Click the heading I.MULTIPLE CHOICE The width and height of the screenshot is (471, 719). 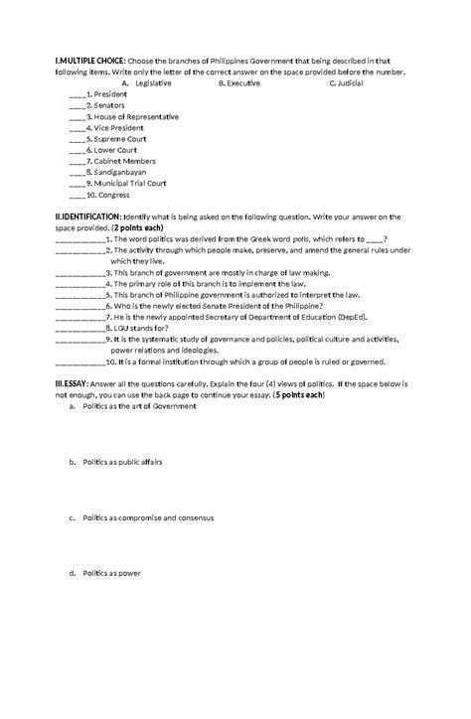point(89,61)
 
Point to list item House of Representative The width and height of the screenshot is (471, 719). point(135,117)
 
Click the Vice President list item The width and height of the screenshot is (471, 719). point(117,128)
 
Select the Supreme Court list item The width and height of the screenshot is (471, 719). point(119,139)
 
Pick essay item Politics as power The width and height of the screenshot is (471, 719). point(111,573)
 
